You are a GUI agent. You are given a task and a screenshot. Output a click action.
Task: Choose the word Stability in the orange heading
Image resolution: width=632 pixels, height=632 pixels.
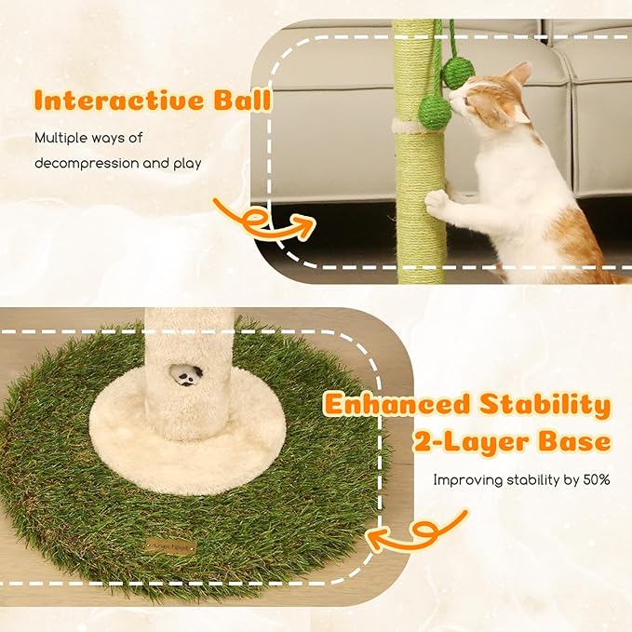pos(549,406)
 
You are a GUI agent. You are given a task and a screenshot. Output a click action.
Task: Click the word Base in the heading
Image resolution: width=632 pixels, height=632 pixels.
pos(577,440)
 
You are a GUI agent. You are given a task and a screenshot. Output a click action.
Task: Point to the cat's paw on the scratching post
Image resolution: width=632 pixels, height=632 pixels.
pos(437,201)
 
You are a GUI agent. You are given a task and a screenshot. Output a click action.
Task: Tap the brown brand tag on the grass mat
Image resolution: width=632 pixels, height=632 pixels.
pos(169,546)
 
